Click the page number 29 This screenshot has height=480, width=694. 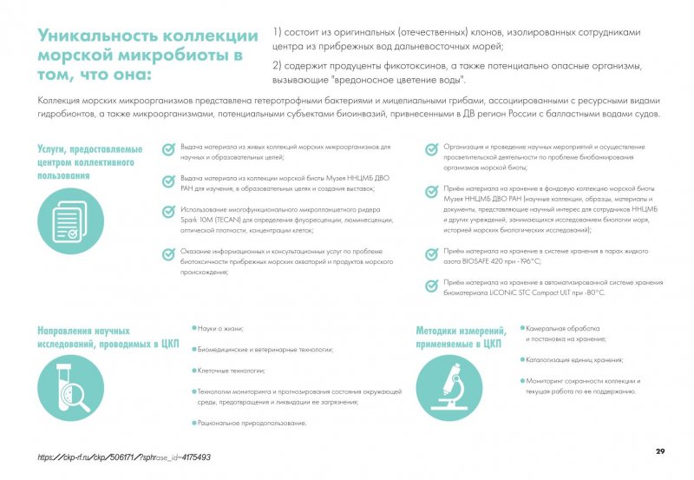tap(660, 451)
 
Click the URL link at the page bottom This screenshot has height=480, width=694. tap(125, 457)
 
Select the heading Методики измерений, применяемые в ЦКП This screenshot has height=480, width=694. tap(460, 338)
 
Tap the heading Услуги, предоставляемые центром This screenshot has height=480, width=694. tap(89, 161)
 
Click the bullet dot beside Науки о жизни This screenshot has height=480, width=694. tap(193, 328)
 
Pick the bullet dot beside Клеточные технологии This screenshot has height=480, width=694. tap(193, 370)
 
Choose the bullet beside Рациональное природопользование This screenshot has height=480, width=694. tap(193, 422)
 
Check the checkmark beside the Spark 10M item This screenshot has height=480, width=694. tap(167, 211)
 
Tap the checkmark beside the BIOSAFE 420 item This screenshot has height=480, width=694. tap(430, 253)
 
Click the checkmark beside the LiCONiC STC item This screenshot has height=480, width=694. tap(430, 286)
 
